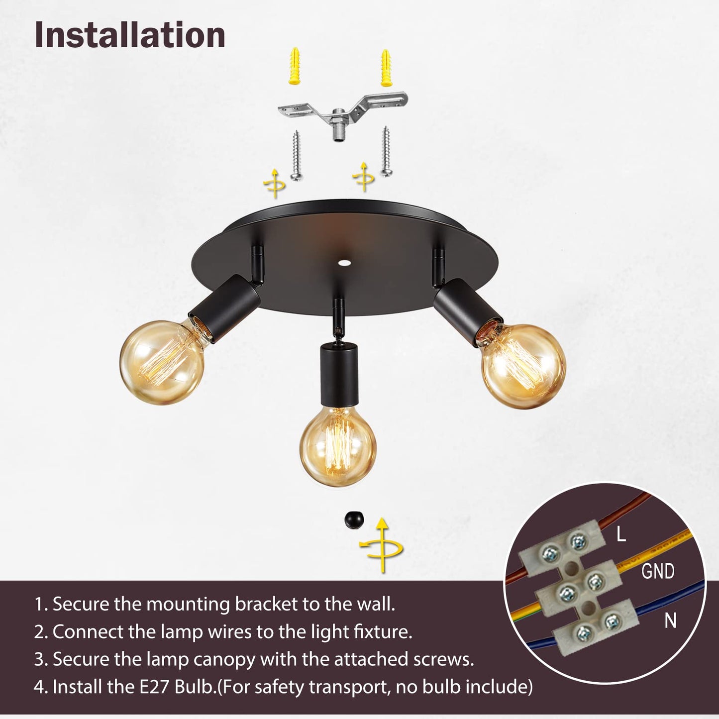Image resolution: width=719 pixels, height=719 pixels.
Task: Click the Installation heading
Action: [130, 35]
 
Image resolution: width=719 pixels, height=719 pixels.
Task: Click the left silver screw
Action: [296, 155]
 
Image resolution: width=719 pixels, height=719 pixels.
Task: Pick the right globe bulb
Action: [523, 365]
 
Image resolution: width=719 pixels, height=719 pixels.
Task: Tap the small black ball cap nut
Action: [354, 520]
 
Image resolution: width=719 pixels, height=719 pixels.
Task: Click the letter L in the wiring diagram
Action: [621, 534]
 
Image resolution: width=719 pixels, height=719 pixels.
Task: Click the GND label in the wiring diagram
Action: [658, 571]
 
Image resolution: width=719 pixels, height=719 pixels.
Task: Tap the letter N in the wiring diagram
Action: [670, 620]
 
